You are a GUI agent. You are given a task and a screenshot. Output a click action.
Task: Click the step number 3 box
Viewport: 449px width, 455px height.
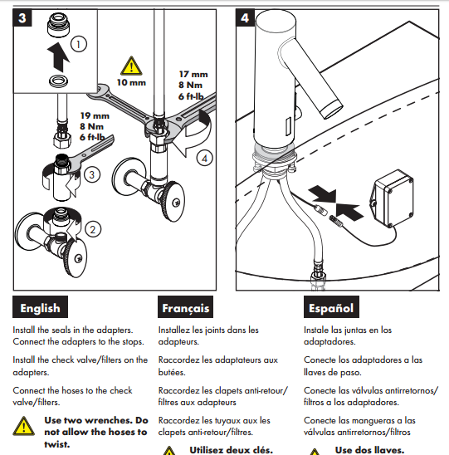coord(22,17)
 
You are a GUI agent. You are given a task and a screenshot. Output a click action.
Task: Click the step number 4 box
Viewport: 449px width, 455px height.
coord(245,17)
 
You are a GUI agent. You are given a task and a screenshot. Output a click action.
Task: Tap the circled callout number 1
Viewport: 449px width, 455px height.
coord(78,44)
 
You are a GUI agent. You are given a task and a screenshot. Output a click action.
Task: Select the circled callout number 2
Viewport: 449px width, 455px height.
coord(93,229)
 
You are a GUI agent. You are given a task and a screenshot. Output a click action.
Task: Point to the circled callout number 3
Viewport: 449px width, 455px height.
coord(92,174)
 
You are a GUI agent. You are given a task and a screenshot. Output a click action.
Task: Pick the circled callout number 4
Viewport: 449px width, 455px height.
coord(204,159)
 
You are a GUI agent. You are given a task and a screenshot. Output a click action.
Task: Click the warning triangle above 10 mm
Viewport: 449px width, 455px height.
coord(131,66)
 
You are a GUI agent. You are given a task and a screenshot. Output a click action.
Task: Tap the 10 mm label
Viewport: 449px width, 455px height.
coord(131,83)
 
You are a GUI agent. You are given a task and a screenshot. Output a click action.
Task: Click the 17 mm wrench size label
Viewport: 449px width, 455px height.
coord(193,74)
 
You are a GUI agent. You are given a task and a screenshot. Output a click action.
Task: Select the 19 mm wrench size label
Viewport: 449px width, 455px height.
coord(95,115)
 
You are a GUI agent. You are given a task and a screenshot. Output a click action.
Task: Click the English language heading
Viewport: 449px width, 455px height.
coord(40,307)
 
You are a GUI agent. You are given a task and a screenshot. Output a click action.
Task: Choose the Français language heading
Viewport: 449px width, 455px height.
coord(186,307)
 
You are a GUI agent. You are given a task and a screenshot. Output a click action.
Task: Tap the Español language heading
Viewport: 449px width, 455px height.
coord(331,307)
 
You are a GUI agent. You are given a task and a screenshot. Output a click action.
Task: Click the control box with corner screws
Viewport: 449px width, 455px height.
coord(392,198)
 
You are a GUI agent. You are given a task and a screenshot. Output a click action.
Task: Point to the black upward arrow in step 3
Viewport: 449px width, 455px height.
coord(58,56)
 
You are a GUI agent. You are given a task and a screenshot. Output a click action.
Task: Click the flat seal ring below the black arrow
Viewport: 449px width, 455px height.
coord(59,81)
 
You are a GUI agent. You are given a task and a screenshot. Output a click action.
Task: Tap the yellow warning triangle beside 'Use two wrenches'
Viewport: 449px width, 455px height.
coord(23,426)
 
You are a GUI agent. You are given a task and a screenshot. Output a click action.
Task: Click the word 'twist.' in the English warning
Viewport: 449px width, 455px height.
coord(56,444)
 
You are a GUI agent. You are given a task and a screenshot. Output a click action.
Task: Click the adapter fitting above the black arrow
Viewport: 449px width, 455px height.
coord(59,26)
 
